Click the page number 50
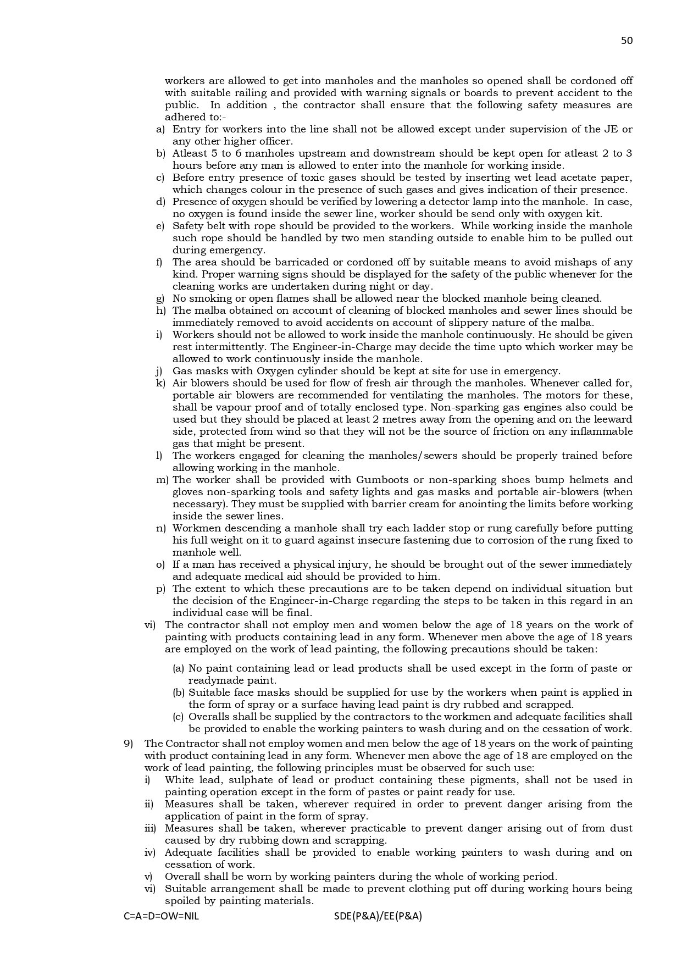[x=626, y=40]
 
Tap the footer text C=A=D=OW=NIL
[x=162, y=916]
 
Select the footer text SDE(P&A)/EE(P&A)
[x=378, y=916]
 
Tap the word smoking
[x=209, y=298]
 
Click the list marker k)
[x=160, y=383]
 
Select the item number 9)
[x=129, y=744]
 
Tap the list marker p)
[x=160, y=589]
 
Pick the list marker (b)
[x=179, y=692]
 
